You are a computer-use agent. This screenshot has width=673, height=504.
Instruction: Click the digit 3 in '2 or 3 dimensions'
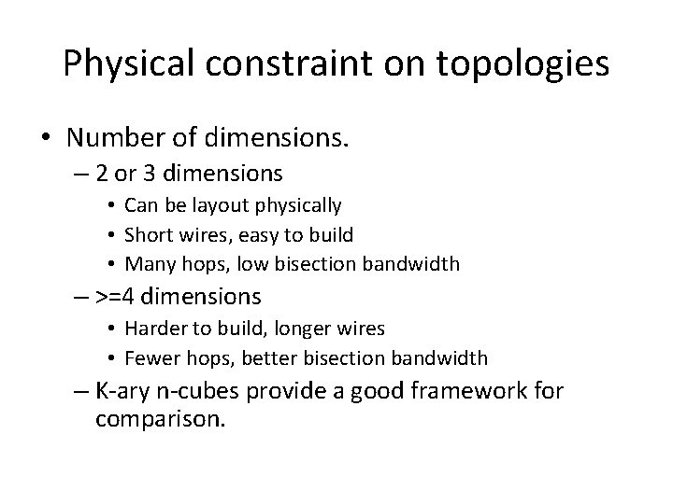point(155,175)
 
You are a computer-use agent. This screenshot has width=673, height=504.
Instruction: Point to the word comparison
point(160,419)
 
